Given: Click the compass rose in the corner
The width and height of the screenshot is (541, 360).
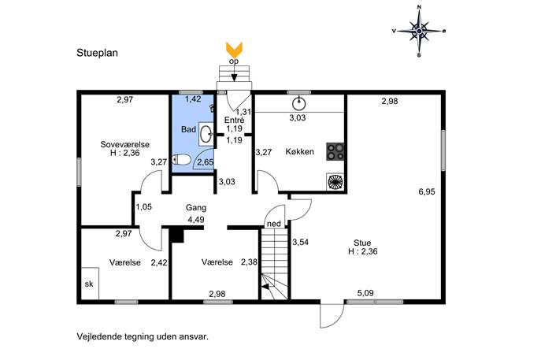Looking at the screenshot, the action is coord(419,31).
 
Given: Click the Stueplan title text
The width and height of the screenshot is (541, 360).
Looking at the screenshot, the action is coord(98,53).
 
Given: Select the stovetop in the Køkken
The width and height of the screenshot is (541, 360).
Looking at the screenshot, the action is coord(335,151).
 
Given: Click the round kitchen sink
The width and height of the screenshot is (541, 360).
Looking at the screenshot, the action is coord(298,103).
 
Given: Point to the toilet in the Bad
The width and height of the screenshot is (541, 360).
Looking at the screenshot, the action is coord(181,160).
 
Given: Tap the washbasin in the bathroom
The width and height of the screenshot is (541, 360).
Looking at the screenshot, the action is coord(206,134).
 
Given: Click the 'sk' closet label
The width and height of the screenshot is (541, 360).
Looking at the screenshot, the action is coord(89,284).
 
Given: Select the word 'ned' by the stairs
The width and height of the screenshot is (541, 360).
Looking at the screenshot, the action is coord(274,224).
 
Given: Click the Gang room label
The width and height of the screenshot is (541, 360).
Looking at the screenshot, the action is coord(196,207).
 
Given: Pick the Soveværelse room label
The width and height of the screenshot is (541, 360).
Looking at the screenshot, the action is coord(125,144).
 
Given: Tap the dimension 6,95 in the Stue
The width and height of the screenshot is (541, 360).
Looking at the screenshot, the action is coord(427,191).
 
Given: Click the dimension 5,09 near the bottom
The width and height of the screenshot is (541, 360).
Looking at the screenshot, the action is coord(365,293).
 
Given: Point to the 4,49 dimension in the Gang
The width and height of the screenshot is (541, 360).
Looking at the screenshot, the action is coord(196,220).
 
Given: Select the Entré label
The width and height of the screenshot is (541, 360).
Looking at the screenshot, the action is coord(234,120).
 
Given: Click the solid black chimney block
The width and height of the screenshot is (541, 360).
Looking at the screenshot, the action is coord(176,235).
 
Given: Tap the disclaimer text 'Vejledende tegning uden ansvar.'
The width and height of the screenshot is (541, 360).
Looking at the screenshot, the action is coord(143,336).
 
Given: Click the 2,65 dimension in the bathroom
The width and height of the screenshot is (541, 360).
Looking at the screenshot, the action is coord(206,161).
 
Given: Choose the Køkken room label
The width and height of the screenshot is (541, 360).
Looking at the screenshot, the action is coord(299,151).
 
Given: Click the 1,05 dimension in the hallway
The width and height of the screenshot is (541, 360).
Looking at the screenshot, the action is coord(143,207).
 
